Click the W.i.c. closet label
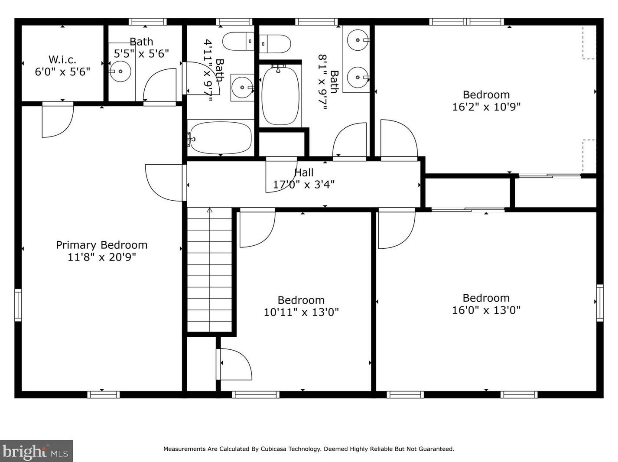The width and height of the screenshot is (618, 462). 62,60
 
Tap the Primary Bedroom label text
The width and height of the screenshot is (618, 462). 102,245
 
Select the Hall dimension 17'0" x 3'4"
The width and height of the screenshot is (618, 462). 304,185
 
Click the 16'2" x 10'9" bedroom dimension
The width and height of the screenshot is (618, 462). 486,107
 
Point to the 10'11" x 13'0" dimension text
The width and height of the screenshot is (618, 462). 301,312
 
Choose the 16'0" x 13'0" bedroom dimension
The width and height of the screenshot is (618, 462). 486,310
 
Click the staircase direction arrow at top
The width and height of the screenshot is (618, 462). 209,210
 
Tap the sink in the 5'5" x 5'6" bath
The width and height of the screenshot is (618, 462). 120,71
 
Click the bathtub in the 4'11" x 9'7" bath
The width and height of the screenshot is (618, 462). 221,138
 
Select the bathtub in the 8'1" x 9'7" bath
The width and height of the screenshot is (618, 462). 280,95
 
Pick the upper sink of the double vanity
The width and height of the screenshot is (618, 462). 358,40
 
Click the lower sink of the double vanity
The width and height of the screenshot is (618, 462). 358,78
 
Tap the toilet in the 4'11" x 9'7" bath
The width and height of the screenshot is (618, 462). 238,41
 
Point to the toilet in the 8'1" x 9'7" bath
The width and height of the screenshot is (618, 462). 275,44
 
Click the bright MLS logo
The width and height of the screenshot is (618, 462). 36,451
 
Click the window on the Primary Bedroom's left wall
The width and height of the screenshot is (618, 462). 18,305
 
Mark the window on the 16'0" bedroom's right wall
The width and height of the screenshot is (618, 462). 600,303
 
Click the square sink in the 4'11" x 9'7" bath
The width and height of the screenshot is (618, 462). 242,88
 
